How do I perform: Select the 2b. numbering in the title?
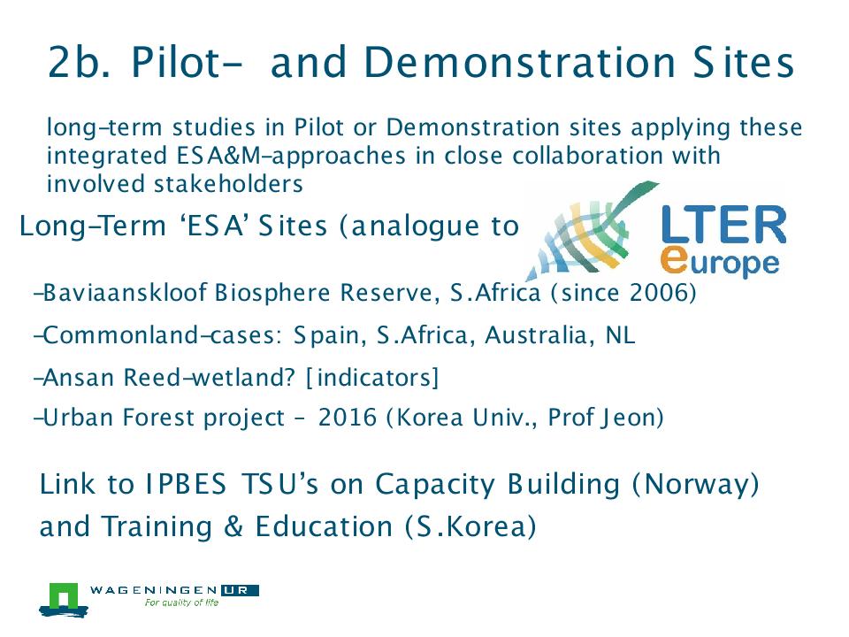coord(79,62)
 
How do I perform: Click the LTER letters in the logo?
coord(723,224)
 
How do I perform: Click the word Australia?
coord(534,334)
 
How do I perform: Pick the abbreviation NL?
coord(620,334)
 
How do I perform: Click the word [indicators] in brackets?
coord(372,377)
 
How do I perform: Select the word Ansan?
coord(78,378)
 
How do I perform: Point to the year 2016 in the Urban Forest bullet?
coord(347,418)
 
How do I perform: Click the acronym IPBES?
coord(186,484)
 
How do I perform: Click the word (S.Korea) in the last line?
coord(470,526)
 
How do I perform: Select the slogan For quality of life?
coord(181,602)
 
